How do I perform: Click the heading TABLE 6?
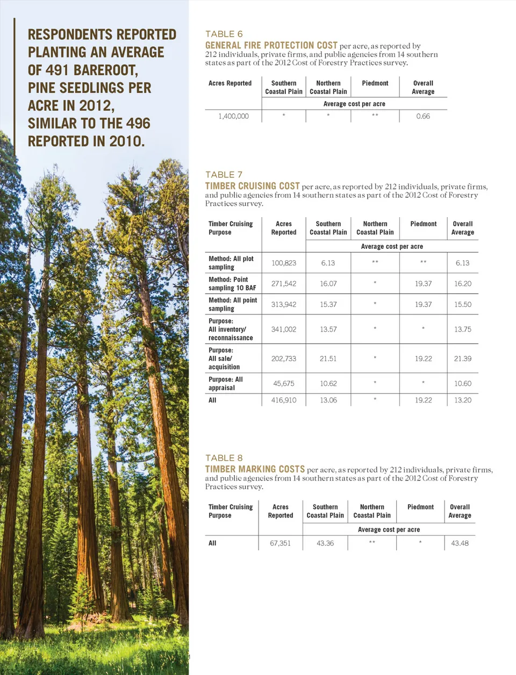(x=224, y=34)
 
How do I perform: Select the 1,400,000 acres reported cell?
(x=233, y=116)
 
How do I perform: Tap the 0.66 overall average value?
(x=423, y=116)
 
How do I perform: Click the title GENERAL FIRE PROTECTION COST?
(x=271, y=46)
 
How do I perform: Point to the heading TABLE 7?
(x=224, y=175)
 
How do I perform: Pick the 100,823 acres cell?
(x=283, y=263)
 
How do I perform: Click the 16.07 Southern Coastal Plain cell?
(x=328, y=284)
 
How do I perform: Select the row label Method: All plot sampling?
(x=231, y=263)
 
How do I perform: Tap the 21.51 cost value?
(x=328, y=358)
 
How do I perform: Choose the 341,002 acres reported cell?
(x=283, y=329)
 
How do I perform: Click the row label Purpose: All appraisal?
(x=226, y=383)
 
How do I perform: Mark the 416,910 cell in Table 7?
(x=283, y=400)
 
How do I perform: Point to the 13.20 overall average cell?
(x=462, y=400)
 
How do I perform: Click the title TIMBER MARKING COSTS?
(x=255, y=469)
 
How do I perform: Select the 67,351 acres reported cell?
(x=280, y=543)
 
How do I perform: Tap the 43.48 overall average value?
(x=460, y=543)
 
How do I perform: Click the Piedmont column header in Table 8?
(x=420, y=507)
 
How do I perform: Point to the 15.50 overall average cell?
(x=462, y=305)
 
